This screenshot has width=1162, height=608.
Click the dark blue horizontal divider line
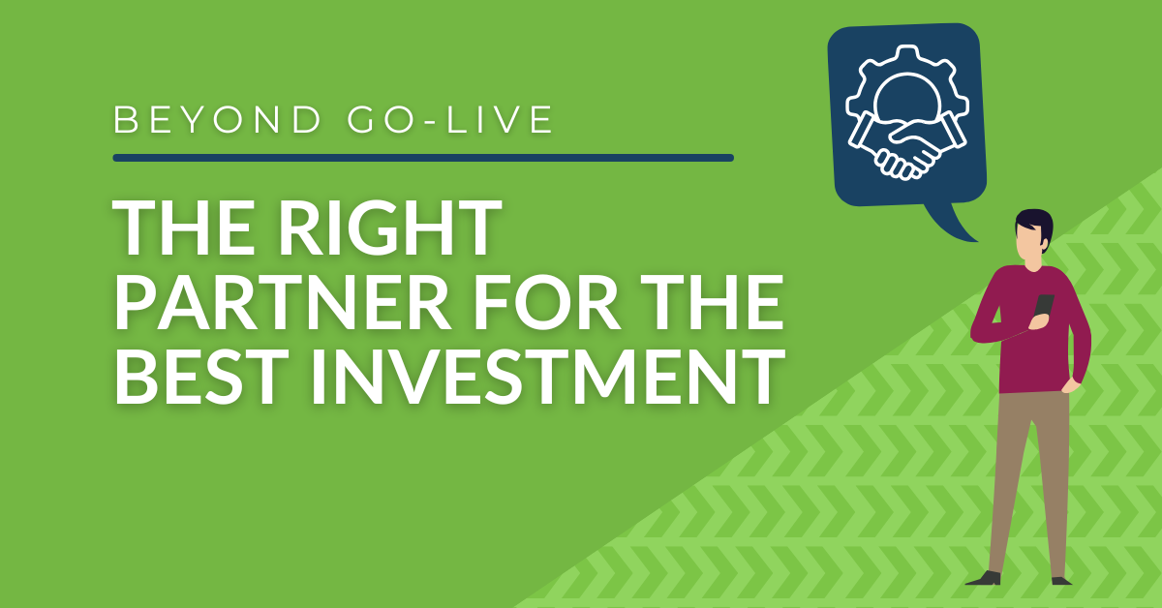pyautogui.click(x=422, y=157)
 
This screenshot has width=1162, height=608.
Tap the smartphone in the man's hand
pyautogui.click(x=1043, y=306)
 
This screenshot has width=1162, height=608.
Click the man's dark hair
pyautogui.click(x=1035, y=224)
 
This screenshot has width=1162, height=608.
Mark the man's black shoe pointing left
pyautogui.click(x=985, y=577)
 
